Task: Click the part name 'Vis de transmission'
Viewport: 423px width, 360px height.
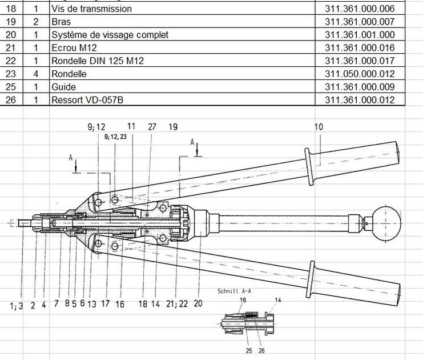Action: pos(91,9)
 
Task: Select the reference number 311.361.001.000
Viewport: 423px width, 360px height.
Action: pos(360,35)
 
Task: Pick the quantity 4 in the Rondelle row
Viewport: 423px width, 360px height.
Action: pos(36,74)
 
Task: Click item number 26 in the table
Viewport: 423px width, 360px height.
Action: pos(11,100)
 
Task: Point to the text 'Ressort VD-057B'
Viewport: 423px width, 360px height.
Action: pos(87,100)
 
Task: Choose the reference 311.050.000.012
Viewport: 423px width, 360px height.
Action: pos(360,74)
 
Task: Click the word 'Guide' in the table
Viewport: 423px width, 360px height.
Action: pos(64,87)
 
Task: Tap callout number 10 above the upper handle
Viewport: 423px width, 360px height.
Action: pos(319,127)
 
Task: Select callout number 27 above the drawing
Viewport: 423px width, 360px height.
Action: pos(152,127)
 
